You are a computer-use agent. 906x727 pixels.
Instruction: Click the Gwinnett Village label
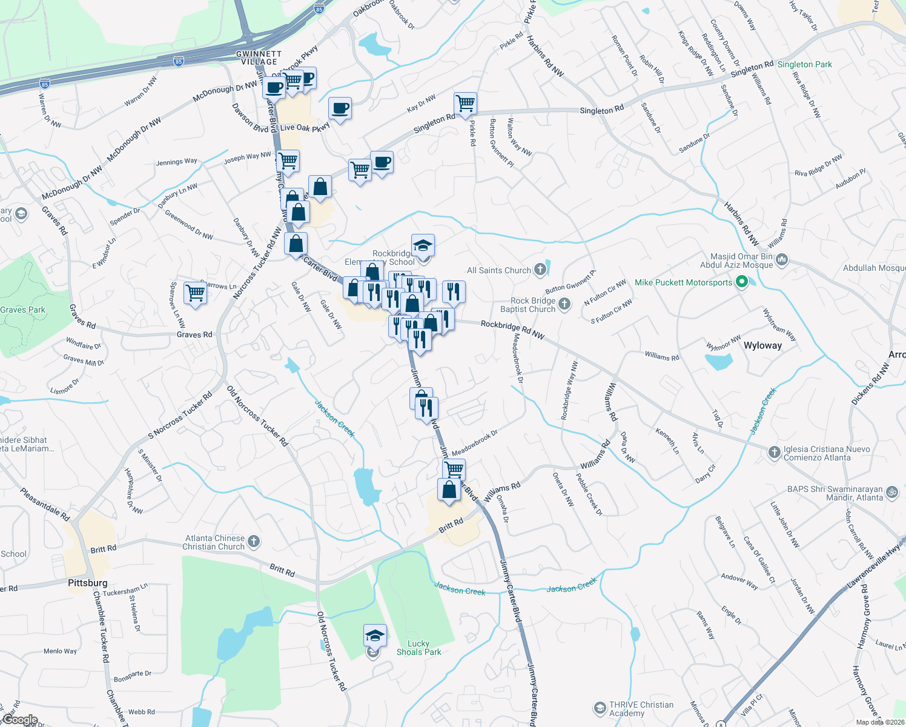click(259, 58)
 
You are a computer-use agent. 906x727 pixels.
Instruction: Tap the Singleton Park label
click(805, 64)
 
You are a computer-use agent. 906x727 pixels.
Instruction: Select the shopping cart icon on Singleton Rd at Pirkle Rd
click(465, 104)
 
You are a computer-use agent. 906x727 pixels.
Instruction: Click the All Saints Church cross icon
click(540, 270)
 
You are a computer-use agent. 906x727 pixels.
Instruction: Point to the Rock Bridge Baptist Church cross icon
click(564, 304)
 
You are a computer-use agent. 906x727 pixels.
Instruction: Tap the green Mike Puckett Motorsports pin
click(741, 282)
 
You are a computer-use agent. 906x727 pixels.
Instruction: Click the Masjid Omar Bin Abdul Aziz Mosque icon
click(782, 261)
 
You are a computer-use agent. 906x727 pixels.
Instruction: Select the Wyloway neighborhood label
click(762, 345)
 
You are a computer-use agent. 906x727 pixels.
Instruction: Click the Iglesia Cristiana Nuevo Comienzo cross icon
click(774, 453)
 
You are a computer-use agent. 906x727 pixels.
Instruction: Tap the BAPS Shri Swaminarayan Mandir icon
click(892, 493)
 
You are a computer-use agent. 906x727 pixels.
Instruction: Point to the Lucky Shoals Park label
click(418, 648)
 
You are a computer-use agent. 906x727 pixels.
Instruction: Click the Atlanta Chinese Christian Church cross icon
click(254, 541)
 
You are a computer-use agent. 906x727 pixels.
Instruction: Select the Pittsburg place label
click(88, 583)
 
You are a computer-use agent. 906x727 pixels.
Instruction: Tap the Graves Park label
click(23, 310)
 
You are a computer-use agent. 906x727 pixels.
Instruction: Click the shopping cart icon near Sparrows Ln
click(195, 293)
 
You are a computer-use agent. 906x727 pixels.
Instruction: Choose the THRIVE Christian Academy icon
click(600, 708)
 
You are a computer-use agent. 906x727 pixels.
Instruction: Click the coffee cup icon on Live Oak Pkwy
click(340, 109)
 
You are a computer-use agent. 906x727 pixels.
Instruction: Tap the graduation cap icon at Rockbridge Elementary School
click(423, 245)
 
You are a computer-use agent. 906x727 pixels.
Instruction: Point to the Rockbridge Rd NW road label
click(512, 330)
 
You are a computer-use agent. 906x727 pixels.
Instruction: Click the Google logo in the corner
click(20, 720)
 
